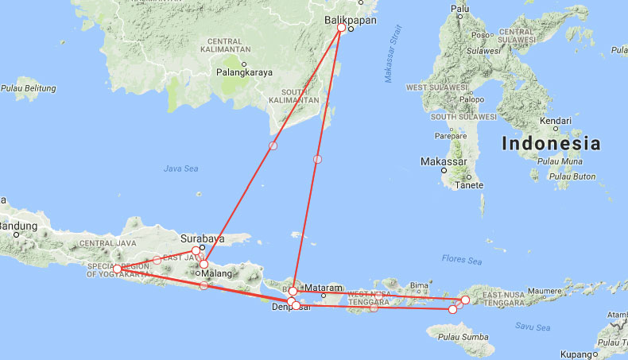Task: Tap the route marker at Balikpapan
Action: point(341,28)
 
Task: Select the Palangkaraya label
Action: point(244,72)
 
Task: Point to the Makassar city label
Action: point(444,161)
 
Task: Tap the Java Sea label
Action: point(180,168)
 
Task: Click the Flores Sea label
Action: point(461,260)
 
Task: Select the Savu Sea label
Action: point(531,326)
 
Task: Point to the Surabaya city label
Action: point(203,238)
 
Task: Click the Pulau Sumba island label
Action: point(461,339)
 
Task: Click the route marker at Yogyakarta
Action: point(117,269)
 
